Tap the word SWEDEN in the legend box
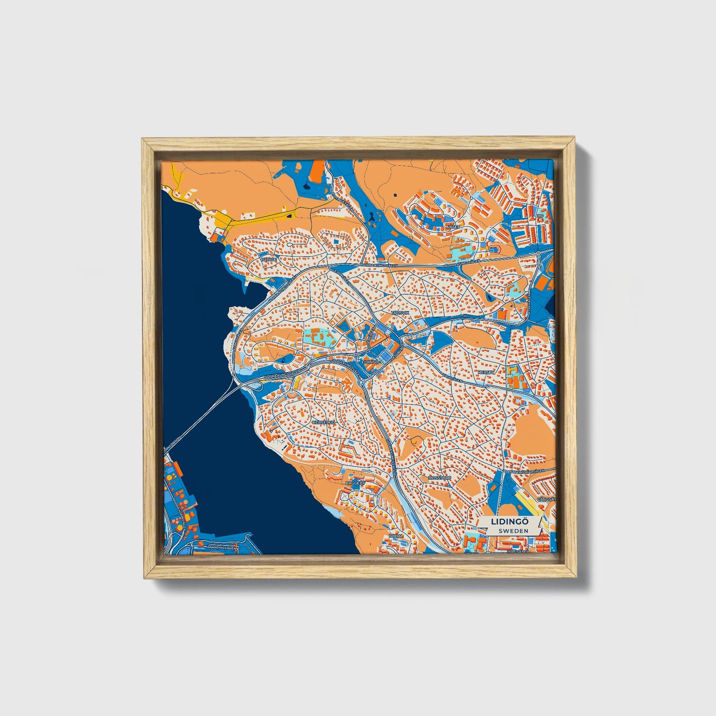click(513, 531)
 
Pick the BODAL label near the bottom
click(396, 536)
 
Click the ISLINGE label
click(269, 259)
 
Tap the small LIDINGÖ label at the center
click(371, 362)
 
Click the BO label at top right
click(540, 216)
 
